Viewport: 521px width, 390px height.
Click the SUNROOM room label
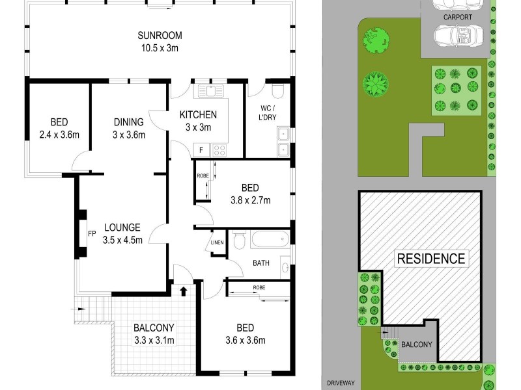tap(160, 35)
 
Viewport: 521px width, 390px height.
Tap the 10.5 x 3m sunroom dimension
tap(160, 48)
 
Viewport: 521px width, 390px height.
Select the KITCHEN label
tap(198, 115)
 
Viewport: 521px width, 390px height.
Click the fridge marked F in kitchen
tap(201, 150)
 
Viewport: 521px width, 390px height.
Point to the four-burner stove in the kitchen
tap(219, 150)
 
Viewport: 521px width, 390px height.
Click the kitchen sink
tap(211, 90)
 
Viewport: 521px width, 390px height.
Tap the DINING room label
tap(128, 122)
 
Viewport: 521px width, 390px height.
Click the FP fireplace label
tap(92, 234)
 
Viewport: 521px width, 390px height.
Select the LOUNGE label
tap(122, 227)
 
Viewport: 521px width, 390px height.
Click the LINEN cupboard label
tap(218, 242)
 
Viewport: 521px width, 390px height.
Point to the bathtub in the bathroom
tap(270, 239)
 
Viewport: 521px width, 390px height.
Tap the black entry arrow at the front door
tap(183, 291)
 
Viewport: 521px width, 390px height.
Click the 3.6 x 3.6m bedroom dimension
tap(246, 340)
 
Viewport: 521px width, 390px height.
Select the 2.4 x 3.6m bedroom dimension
tap(59, 135)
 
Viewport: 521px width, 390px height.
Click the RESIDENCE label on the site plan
tap(431, 259)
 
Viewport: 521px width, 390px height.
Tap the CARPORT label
tap(458, 17)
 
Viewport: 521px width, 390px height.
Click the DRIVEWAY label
tap(341, 383)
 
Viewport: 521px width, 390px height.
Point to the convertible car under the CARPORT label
tap(458, 35)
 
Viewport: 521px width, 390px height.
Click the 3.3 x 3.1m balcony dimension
tap(154, 340)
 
